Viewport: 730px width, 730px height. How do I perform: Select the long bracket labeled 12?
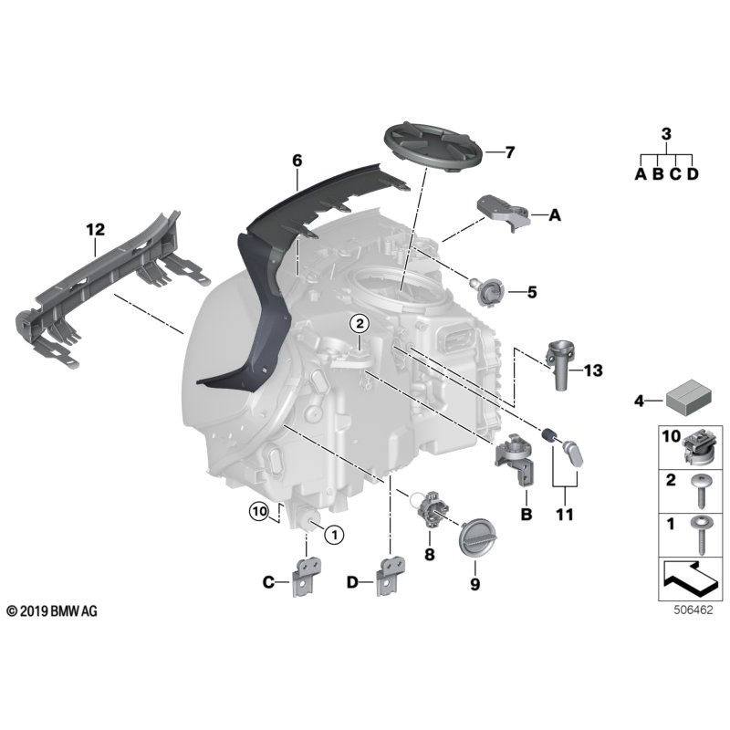coord(109,283)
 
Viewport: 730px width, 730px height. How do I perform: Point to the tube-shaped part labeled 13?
coord(559,365)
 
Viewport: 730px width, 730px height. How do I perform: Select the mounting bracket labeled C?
coord(304,577)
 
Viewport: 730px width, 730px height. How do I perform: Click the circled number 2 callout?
coord(360,324)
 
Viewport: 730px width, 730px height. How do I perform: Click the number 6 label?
coord(297,160)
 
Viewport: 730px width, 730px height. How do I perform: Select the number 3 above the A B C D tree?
coord(665,134)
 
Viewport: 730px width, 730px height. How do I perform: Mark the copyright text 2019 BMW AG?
coord(52,610)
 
